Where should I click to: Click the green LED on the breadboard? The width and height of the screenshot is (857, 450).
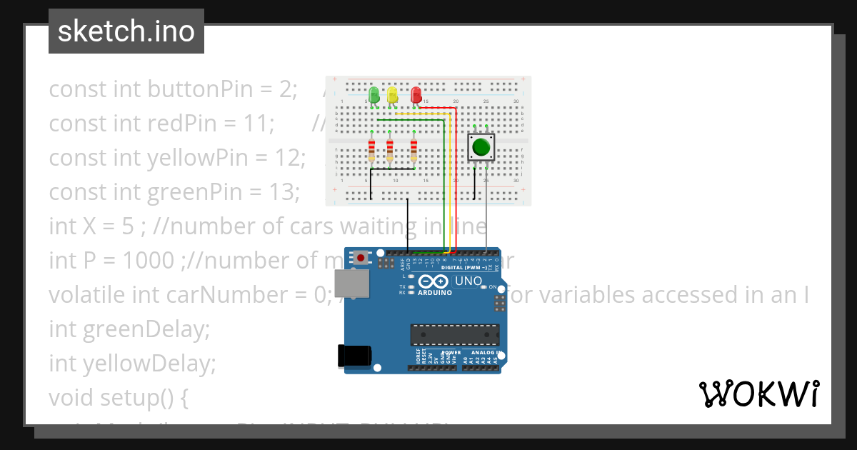(x=374, y=95)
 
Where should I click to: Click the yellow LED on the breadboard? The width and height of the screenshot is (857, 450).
(x=392, y=95)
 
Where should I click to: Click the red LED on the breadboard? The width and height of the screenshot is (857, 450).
(x=416, y=95)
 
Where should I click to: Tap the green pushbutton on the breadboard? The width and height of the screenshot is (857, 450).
(x=480, y=148)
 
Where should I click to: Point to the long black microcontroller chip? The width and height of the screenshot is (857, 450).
(x=454, y=334)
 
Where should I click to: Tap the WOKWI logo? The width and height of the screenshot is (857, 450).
(x=758, y=394)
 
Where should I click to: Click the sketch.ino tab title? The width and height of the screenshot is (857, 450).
(x=126, y=31)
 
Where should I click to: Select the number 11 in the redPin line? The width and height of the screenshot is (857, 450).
(x=255, y=124)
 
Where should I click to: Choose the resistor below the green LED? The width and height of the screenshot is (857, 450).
(x=371, y=151)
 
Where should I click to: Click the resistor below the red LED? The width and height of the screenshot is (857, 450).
(x=414, y=151)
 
